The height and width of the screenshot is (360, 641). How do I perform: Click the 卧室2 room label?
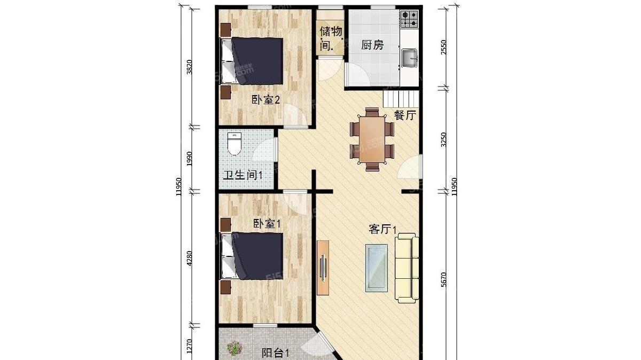coord(265,100)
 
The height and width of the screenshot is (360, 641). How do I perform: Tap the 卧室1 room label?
coord(267,224)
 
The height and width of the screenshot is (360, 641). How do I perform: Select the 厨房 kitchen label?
coord(372,45)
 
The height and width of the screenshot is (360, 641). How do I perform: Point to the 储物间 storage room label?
coord(331,38)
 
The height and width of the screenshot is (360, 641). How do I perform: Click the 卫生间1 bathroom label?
coord(243,175)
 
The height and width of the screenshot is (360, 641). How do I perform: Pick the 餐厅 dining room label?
coord(405,115)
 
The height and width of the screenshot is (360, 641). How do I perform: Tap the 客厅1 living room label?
coord(382,229)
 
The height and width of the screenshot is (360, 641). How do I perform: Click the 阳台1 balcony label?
coord(276,353)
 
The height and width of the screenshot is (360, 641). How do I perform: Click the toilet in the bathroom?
coord(234,144)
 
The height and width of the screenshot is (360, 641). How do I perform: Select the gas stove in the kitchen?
coord(409,19)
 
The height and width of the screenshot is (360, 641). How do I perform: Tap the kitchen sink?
coord(410,58)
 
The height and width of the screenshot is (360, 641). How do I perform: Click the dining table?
coord(372,139)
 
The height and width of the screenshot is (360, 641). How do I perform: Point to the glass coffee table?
coord(376,268)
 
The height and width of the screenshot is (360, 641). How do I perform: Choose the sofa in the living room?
coord(407,268)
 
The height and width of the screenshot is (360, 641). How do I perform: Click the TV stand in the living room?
coord(323,268)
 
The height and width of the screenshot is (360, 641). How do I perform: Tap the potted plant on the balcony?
coord(234,348)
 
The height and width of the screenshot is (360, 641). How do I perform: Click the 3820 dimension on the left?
coord(189,67)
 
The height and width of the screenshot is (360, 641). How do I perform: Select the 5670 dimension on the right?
coord(443,280)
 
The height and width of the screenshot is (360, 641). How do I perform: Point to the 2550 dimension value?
coord(443,47)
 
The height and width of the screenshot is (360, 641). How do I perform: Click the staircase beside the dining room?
coord(401,99)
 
